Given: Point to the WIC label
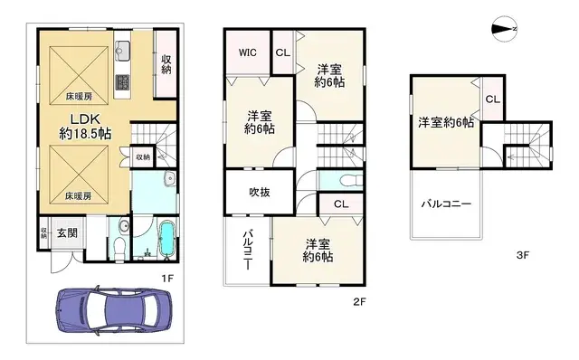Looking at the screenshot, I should [x=248, y=52].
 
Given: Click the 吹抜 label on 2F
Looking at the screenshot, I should [x=260, y=191].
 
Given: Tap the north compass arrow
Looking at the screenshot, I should [x=502, y=29].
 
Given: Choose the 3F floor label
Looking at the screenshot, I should [x=522, y=256].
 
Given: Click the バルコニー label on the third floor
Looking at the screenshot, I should [x=445, y=204].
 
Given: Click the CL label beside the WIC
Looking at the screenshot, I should [x=281, y=52].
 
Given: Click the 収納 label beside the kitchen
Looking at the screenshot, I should [x=167, y=64].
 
